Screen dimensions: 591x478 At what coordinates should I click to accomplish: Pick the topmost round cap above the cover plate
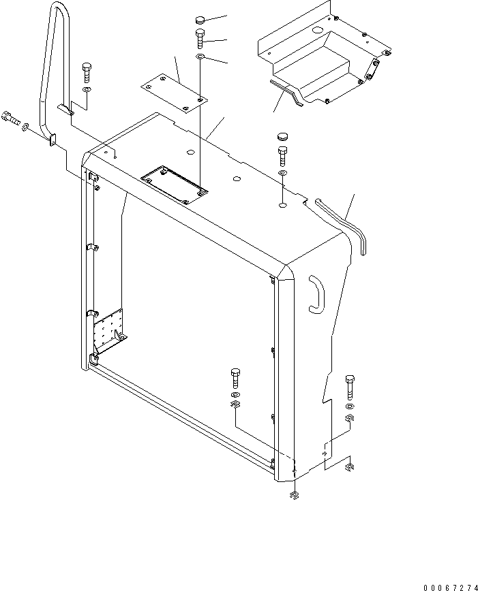(x=200, y=19)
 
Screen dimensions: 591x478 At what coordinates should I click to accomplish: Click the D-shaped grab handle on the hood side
(x=318, y=294)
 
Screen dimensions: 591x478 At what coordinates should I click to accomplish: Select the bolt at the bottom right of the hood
(x=350, y=386)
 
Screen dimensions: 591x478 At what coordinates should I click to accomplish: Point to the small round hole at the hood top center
(x=236, y=180)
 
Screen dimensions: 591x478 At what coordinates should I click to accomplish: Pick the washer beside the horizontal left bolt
(x=25, y=127)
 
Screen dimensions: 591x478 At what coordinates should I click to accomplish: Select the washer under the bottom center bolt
(x=235, y=396)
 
